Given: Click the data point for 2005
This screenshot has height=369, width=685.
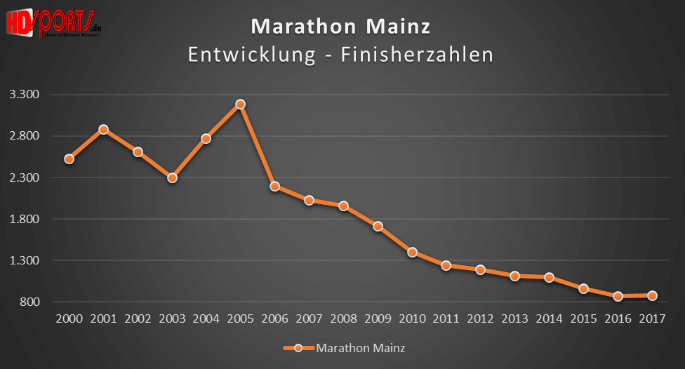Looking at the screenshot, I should coord(240,104).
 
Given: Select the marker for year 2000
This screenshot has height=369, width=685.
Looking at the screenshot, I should coord(69,159).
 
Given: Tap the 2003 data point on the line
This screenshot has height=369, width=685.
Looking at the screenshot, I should coord(172,177).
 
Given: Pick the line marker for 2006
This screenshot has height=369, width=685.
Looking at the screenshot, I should coord(274,186).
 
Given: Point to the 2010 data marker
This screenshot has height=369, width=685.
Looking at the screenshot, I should coord(412,252).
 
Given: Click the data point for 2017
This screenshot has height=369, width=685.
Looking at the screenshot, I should coord(652,295).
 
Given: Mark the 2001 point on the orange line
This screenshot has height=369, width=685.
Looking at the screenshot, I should coord(103,129).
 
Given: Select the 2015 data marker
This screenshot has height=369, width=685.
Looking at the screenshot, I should coord(583,288).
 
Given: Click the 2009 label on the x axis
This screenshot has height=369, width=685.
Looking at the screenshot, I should coord(378,318).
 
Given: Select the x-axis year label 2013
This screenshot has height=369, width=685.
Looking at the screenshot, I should coord(514,318).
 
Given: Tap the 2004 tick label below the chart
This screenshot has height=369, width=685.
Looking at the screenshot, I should coord(206,318).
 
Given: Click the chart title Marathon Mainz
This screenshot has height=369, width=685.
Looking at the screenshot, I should coord(341,27).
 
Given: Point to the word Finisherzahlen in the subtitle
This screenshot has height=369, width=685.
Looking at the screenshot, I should coord(417,55).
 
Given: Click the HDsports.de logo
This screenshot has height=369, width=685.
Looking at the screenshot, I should coord(53,23).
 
